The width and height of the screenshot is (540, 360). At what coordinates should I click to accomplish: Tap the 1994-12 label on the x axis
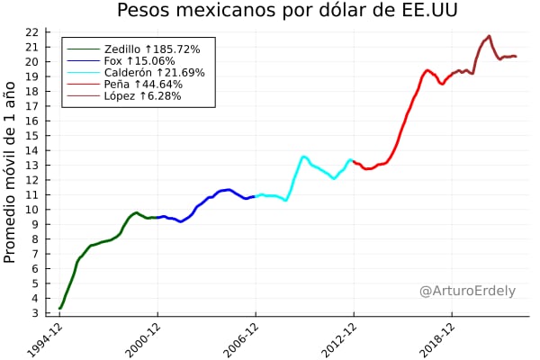45,340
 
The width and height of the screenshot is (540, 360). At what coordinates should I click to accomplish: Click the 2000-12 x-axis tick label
143,340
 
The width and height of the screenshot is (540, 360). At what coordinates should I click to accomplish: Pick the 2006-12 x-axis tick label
241,340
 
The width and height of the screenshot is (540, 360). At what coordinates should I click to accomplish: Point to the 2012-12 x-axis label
339,340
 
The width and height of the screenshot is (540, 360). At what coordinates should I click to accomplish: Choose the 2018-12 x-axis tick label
437,340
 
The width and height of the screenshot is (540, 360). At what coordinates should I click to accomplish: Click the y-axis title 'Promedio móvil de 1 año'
11,171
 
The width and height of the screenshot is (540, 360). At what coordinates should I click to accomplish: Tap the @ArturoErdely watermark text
468,291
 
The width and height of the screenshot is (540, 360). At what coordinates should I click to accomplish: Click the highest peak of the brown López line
489,36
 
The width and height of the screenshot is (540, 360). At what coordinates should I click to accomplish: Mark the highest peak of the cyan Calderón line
304,157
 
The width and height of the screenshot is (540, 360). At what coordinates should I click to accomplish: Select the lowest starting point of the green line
59,309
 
